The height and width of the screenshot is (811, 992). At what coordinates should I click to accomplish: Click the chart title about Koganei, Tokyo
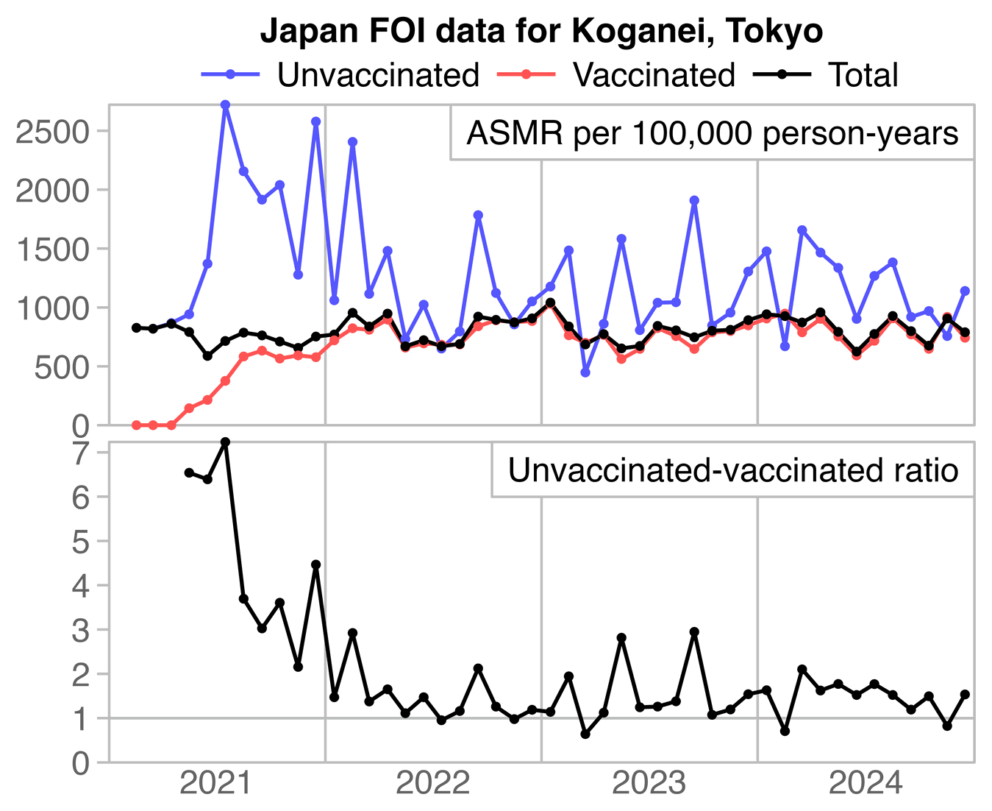coord(541,32)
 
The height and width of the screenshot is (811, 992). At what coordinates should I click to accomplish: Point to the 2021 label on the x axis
coord(216,785)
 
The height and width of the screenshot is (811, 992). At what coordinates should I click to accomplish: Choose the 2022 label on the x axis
coord(432,785)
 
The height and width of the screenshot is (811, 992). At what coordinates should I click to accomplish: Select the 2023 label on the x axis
coord(649,785)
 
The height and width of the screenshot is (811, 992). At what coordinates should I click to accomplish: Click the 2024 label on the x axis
coord(865,785)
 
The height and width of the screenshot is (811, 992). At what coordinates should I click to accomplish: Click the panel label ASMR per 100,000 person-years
coord(712,134)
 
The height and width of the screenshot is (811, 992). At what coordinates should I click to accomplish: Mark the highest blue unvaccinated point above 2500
coord(225,105)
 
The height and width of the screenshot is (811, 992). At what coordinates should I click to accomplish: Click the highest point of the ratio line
coord(225,442)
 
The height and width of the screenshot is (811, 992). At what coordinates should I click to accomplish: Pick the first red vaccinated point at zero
coord(136,425)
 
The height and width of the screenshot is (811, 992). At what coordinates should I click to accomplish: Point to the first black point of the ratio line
coord(189,472)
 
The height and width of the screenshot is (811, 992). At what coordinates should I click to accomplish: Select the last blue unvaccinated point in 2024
coord(965,291)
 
